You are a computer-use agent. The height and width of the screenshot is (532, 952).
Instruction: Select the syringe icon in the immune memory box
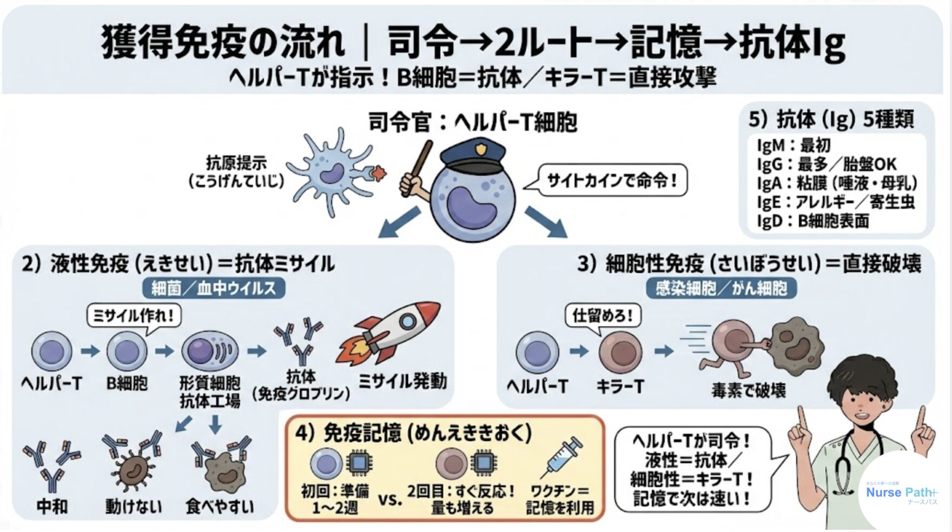point(564,457)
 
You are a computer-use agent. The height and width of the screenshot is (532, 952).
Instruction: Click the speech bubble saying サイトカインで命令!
point(612,181)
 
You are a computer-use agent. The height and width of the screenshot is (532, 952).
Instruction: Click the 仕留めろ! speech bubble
point(603,315)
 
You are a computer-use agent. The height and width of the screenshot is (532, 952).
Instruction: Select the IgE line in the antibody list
point(835,202)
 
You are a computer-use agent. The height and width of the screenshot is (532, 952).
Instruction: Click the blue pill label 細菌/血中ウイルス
point(214,288)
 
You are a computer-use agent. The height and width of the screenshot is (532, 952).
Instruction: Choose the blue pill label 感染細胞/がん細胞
point(721,288)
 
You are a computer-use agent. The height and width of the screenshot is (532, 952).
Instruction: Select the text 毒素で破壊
point(749,390)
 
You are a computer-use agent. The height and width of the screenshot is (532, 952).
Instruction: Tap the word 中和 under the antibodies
point(52,506)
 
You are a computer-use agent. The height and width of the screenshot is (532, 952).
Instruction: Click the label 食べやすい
point(220,506)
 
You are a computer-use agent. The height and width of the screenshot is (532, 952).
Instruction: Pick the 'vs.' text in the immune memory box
point(390,499)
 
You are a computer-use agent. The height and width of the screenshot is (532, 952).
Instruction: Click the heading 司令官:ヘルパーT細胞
point(472,122)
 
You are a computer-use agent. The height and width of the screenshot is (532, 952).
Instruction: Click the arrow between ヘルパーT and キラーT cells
point(579,351)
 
